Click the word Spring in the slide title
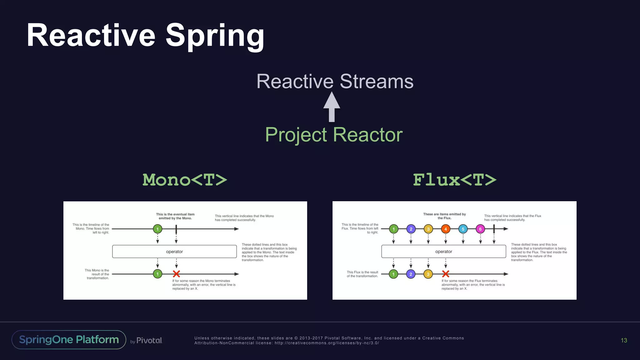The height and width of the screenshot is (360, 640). coord(215,36)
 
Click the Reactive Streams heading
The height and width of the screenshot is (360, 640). coord(335,81)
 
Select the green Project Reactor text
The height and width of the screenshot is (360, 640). coord(334,135)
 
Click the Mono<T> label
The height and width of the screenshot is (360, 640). coord(185,180)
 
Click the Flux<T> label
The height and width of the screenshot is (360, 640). coord(454,180)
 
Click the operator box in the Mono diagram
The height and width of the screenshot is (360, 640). coord(174,252)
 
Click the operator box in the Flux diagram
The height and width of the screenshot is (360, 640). coord(443,252)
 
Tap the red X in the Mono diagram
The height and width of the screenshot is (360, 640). coord(176,274)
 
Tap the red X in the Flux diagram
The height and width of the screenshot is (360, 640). coord(446,274)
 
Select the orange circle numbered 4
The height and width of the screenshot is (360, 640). coord(446,229)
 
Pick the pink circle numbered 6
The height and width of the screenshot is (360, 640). coord(480,229)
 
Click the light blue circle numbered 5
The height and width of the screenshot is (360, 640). coord(463,229)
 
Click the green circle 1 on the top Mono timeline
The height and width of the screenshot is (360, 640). coord(157,229)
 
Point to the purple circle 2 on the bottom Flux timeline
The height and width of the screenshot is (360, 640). coord(411,274)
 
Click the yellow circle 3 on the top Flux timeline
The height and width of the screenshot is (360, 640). coord(428,229)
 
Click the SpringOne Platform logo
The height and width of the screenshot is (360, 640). coord(69,340)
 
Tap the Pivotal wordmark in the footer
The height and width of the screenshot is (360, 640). coord(149,340)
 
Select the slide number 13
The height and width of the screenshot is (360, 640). coord(624,340)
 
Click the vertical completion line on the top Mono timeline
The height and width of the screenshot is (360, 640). coord(176,229)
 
